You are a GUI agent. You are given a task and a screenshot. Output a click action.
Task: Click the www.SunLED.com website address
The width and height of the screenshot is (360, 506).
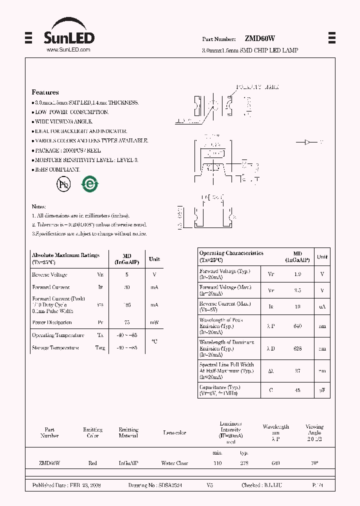click(68, 50)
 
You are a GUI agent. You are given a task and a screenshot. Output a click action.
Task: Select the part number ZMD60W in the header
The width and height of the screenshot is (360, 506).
click(259, 38)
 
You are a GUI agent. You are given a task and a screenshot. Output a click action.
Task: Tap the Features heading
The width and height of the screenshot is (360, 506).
click(45, 92)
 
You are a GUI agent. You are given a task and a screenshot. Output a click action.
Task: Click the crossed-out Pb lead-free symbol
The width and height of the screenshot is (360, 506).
click(63, 184)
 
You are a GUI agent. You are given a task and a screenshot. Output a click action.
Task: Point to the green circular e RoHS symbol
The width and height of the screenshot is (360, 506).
click(90, 184)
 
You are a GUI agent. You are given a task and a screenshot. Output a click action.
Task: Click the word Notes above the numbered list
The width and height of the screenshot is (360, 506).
click(39, 206)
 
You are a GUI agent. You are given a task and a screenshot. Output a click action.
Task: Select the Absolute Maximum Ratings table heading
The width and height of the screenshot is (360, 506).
click(65, 255)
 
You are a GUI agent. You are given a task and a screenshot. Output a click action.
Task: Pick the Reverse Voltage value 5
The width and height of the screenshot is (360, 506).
click(127, 274)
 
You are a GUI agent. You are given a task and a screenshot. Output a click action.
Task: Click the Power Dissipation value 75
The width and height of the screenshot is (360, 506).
click(127, 322)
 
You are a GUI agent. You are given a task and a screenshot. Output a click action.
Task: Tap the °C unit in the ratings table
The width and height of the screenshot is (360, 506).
click(154, 341)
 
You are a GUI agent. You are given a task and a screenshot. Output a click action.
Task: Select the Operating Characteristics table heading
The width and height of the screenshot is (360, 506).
click(231, 253)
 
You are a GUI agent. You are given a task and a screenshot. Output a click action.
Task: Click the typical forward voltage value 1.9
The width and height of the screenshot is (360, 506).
click(297, 274)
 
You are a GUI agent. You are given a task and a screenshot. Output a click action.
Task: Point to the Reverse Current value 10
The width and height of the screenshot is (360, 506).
click(297, 306)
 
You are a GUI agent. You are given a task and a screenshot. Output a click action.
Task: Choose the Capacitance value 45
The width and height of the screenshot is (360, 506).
click(297, 390)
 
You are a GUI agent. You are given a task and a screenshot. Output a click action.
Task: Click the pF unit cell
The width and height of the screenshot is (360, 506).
click(322, 390)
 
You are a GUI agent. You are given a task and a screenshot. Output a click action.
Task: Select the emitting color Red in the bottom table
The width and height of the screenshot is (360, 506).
click(92, 463)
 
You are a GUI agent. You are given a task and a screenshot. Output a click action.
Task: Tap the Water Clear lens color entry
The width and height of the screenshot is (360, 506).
click(174, 463)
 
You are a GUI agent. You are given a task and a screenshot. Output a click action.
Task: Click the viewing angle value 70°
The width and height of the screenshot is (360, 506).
click(314, 463)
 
